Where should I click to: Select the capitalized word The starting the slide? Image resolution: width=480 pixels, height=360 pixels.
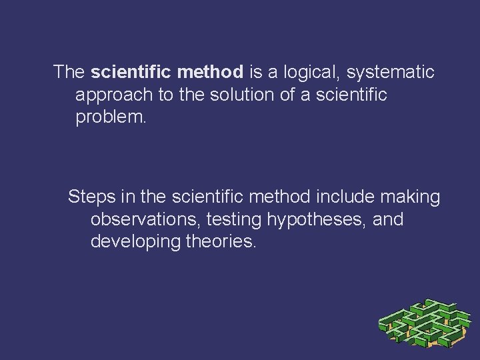[69, 71]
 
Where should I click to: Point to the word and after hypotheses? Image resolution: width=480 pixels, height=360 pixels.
[388, 219]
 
